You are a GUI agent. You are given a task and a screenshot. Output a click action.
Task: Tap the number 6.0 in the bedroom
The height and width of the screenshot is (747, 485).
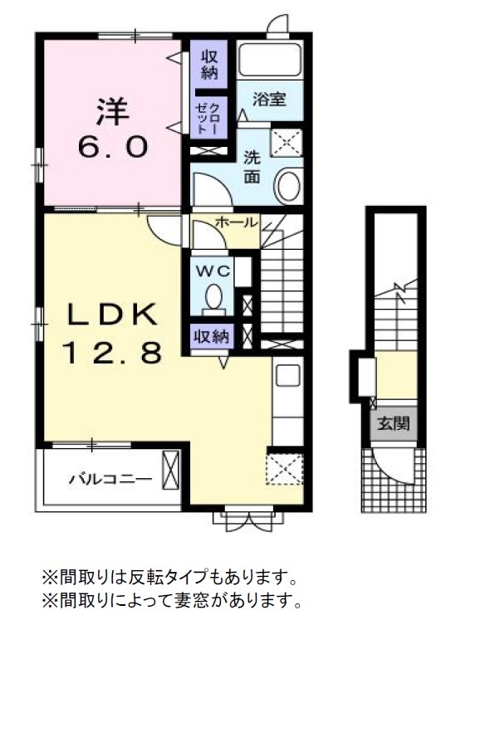tap(114, 148)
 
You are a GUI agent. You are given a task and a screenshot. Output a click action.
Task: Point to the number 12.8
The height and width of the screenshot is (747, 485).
tap(112, 353)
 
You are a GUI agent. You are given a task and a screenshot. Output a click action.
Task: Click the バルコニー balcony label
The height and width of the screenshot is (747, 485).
tap(110, 479)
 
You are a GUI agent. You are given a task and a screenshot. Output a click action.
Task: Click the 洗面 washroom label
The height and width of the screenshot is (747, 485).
tap(252, 167)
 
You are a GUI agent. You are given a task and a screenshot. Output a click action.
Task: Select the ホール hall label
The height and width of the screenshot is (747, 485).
tap(237, 222)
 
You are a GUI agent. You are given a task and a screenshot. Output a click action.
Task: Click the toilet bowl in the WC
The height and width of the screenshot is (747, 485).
tap(213, 296)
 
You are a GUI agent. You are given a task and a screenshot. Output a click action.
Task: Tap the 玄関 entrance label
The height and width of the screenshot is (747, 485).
tap(394, 424)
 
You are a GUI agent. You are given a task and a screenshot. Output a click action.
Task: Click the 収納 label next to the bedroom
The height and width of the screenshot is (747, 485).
tap(208, 64)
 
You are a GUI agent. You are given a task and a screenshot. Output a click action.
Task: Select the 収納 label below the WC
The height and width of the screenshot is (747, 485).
tap(211, 336)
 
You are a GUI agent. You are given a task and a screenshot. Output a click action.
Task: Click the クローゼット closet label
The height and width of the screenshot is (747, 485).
tap(207, 119)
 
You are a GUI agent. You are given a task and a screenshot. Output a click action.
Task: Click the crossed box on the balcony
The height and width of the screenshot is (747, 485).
tap(170, 470)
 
